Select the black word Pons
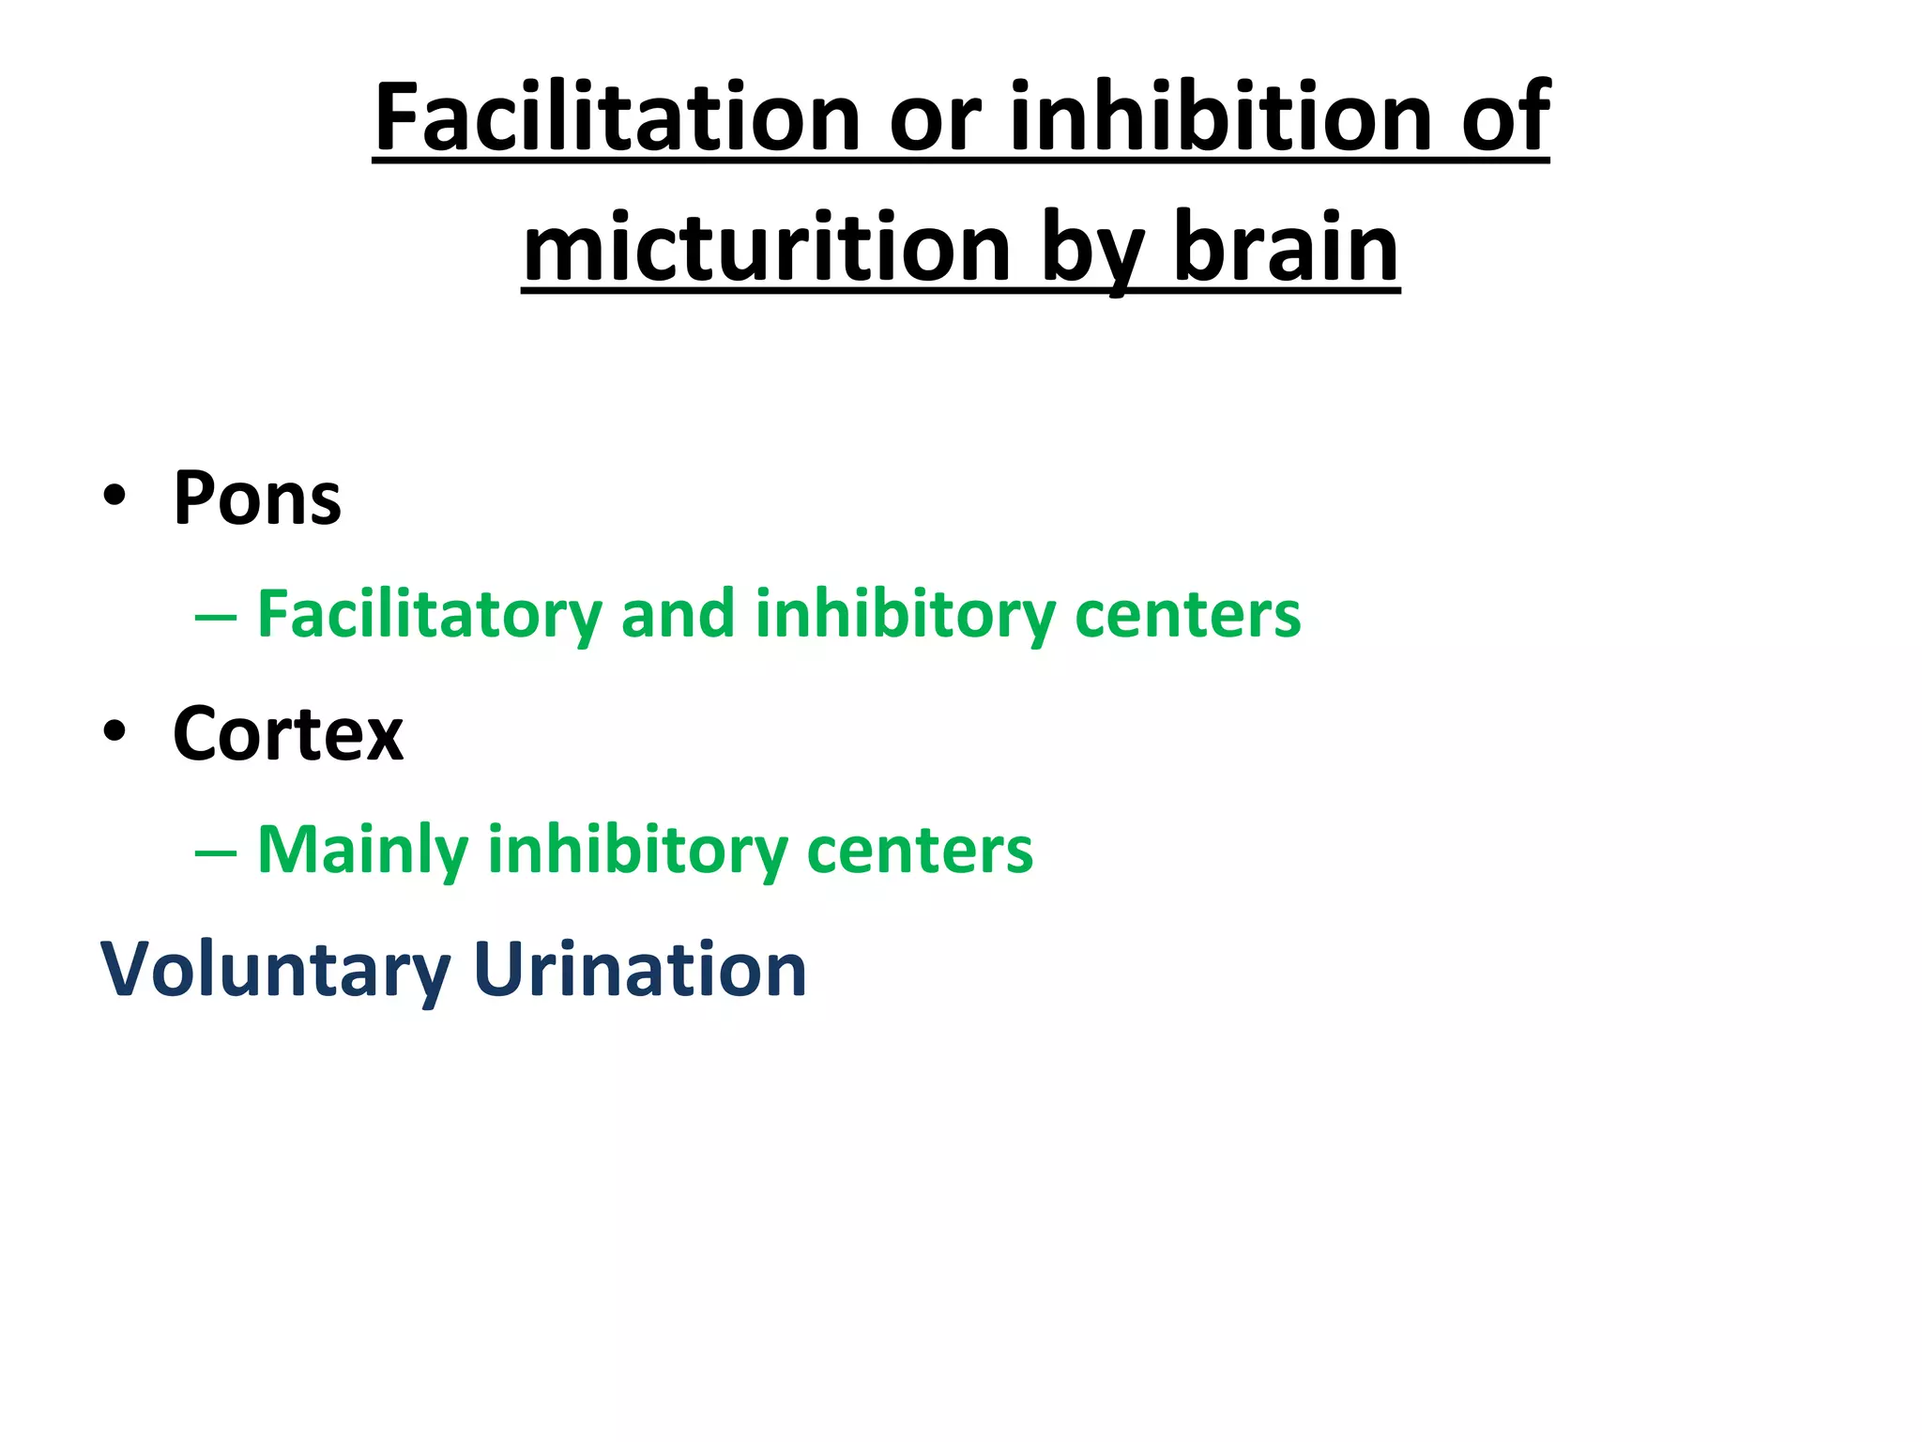[x=257, y=498]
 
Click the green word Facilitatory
[x=429, y=615]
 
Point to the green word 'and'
[x=677, y=614]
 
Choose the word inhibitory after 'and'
[x=905, y=615]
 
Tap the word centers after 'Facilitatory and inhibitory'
[x=1187, y=615]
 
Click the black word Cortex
[x=288, y=733]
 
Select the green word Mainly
[x=362, y=851]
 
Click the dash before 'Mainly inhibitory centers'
[x=215, y=852]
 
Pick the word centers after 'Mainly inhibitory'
[x=920, y=851]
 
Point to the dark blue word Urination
[x=640, y=969]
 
